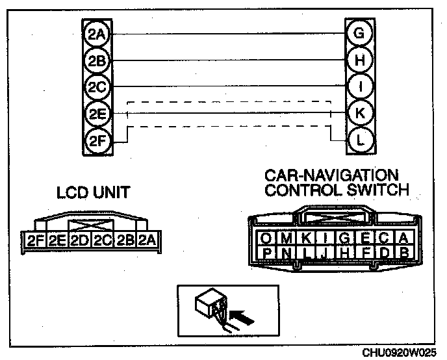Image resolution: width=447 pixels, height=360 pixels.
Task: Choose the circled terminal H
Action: pyautogui.click(x=358, y=60)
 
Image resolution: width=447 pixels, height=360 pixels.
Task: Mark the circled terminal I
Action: pyautogui.click(x=358, y=86)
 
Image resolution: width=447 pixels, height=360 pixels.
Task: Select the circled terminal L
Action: pyautogui.click(x=358, y=138)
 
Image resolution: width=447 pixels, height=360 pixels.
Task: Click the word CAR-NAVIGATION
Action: pyautogui.click(x=331, y=176)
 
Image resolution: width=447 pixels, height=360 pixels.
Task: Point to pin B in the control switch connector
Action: pyautogui.click(x=403, y=251)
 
